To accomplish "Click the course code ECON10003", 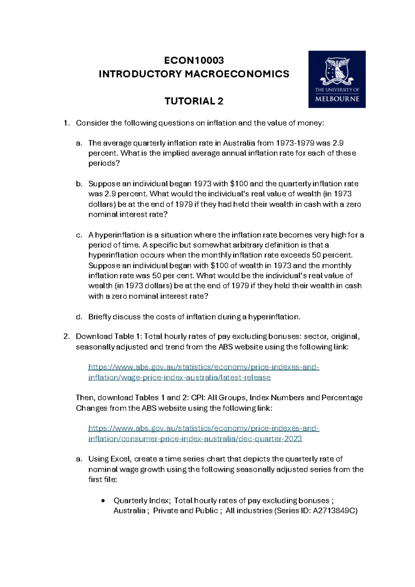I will (194, 60).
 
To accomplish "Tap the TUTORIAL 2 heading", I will (194, 101).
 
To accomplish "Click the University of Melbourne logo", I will (337, 79).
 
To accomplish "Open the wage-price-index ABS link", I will (203, 372).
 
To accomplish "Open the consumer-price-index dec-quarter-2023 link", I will (203, 434).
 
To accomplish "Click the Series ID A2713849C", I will (335, 511).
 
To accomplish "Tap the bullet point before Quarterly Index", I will (103, 501).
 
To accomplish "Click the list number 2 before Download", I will (66, 337).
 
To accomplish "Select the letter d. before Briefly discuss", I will (79, 317).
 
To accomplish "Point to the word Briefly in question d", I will (100, 317).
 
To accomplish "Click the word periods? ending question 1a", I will (104, 164).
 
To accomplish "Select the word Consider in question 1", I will (92, 123).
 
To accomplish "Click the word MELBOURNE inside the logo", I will (337, 99).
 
